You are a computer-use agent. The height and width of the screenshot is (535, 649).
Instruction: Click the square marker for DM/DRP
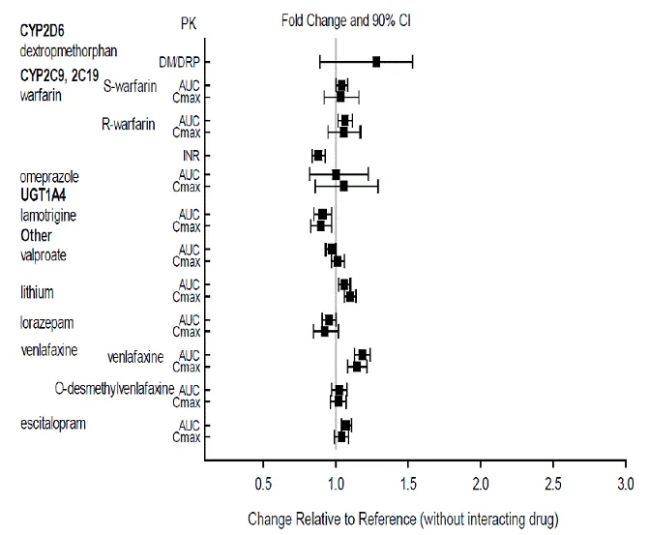click(376, 62)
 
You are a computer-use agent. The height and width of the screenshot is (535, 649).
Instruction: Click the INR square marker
click(318, 155)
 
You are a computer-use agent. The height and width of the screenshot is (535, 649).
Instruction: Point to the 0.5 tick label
click(263, 482)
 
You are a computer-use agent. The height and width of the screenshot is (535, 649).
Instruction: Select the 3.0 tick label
click(626, 482)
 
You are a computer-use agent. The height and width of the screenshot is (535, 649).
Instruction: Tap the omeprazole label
click(49, 177)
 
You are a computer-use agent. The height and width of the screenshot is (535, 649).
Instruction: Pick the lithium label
click(37, 291)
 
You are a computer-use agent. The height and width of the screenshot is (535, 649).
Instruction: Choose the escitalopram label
click(52, 424)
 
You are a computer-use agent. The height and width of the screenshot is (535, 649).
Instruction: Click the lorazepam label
click(46, 321)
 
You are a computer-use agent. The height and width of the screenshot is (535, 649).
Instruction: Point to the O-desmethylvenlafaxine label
click(115, 389)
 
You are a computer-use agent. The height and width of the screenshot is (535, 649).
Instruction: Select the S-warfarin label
click(130, 86)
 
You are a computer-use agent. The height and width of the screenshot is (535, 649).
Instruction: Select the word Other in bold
click(36, 235)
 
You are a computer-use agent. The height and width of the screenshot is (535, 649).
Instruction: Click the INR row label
click(190, 155)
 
